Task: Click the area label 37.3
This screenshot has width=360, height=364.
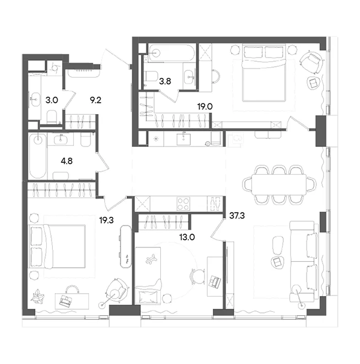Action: (x=237, y=216)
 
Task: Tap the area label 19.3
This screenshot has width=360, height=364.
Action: (x=106, y=220)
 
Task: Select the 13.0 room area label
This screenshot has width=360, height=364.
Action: (x=187, y=237)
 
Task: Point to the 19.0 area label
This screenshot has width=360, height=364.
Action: (x=205, y=106)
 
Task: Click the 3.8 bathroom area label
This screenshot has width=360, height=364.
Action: (x=165, y=81)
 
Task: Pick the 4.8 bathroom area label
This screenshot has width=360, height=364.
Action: (x=67, y=161)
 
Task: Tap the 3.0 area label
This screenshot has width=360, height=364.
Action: (x=52, y=100)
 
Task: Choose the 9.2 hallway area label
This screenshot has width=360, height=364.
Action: (x=95, y=100)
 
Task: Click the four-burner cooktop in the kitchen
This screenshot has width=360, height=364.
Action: (x=183, y=204)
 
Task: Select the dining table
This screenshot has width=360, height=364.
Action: (x=279, y=185)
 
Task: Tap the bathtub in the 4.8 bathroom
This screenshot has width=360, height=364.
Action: (x=38, y=156)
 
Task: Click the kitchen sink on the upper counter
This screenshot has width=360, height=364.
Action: (x=184, y=139)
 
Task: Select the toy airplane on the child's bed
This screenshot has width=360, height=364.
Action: (x=151, y=259)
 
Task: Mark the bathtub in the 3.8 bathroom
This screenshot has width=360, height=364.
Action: (x=170, y=53)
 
